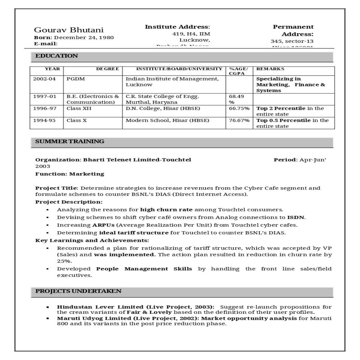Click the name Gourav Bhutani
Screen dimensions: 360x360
[x=69, y=30]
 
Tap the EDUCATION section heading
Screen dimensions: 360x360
[x=56, y=56]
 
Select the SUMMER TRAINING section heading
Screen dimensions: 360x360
[x=70, y=141]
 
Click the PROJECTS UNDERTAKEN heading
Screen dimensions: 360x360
[x=78, y=291]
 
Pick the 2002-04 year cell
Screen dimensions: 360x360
[x=44, y=79]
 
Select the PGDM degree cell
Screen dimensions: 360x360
[x=76, y=79]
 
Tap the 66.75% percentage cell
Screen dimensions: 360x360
[x=239, y=108]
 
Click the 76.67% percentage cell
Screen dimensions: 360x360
[x=239, y=120]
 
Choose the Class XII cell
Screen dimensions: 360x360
[x=79, y=108]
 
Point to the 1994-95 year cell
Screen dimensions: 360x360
[x=44, y=120]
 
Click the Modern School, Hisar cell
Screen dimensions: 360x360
[x=167, y=120]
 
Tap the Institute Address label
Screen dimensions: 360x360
[x=177, y=27]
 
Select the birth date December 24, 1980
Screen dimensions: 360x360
[x=84, y=37]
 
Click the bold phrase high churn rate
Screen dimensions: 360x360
[x=166, y=210]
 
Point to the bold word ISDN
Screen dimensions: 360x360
[x=295, y=217]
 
